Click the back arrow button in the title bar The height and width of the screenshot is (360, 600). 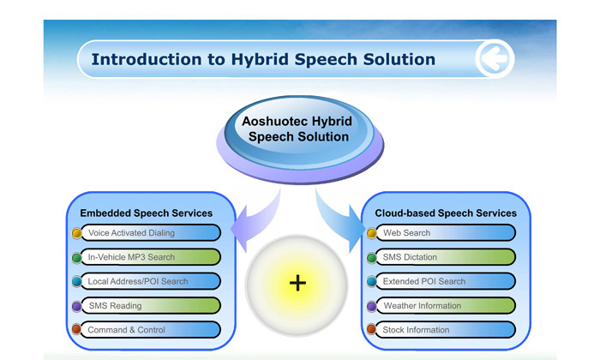pos(495,58)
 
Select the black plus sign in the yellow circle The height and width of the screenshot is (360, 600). pos(297,284)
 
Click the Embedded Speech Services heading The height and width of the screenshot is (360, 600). pos(147,213)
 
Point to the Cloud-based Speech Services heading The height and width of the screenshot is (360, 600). pos(446,213)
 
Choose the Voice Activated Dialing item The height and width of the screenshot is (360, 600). pos(151,232)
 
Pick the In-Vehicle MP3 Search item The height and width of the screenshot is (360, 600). pos(151,257)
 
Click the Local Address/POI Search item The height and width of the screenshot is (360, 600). pos(151,281)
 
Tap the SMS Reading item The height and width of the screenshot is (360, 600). pos(151,306)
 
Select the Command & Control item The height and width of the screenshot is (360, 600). pos(151,330)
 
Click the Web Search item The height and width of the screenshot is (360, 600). pos(446,232)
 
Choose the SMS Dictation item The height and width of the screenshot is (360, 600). pos(446,257)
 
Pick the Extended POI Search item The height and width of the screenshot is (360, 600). pos(446,281)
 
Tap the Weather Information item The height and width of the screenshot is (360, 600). pos(446,306)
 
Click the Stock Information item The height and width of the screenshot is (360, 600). pos(446,330)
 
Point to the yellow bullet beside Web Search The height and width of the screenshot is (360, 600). pos(371,233)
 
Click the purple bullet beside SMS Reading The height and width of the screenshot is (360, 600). pos(76,306)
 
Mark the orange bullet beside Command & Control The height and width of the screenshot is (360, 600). pos(76,329)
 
